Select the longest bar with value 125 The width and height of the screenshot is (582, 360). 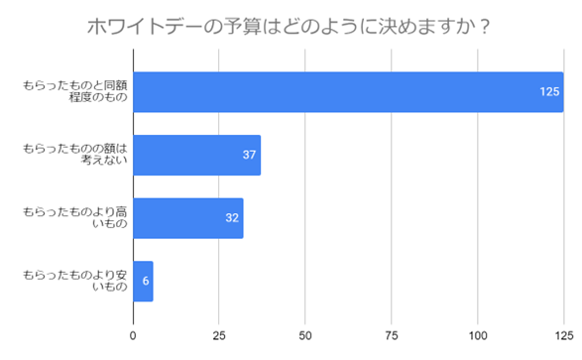point(347,92)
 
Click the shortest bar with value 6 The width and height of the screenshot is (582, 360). point(143,281)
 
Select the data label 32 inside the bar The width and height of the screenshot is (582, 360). point(232,217)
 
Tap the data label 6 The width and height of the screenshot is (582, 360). point(146,281)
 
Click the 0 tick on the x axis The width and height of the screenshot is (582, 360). point(133,335)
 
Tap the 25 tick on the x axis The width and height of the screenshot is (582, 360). point(219,335)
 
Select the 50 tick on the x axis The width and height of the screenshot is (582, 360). point(305,335)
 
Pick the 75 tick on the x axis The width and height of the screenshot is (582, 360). point(392,335)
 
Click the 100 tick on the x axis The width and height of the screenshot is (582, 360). point(477,335)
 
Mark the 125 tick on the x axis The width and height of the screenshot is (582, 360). point(562,335)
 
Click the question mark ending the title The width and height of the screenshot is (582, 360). point(486,26)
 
